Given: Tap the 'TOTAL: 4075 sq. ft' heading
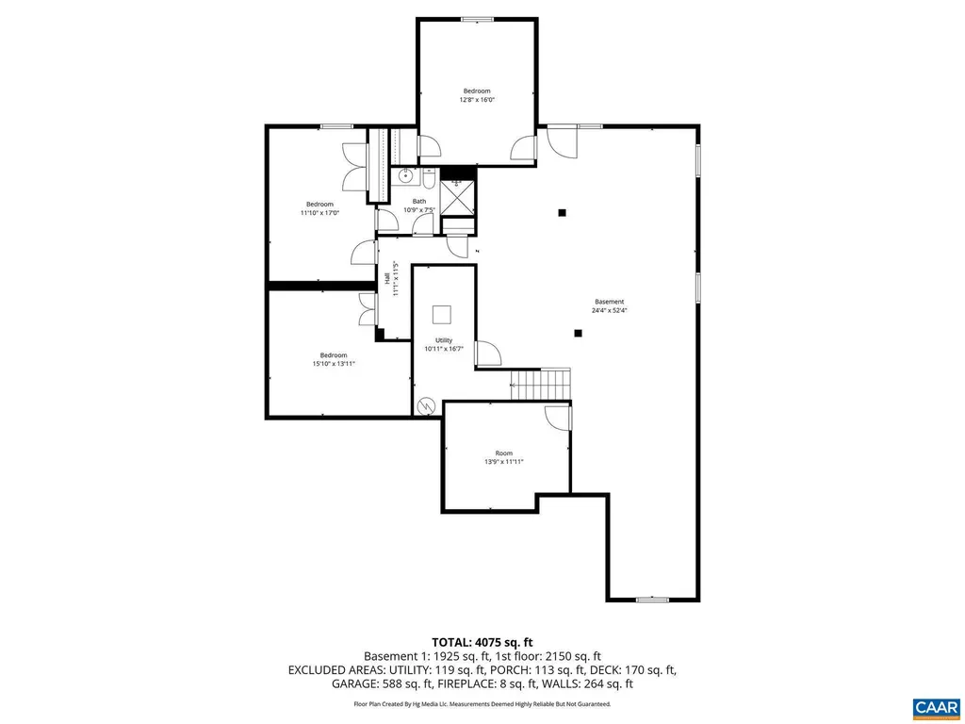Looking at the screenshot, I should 482,642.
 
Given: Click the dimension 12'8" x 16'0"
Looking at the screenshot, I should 476,100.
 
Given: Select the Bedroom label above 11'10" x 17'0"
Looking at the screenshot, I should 319,205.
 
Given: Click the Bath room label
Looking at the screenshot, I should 418,201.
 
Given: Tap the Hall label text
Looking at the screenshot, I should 386,279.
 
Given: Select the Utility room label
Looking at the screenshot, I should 443,340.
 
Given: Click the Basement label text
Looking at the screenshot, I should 609,302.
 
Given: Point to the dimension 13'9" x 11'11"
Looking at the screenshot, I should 503,462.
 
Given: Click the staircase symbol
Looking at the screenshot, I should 540,385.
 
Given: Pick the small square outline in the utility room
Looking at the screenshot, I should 442,315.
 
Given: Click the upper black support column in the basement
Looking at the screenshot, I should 562,213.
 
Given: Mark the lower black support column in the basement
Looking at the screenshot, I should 578,332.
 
